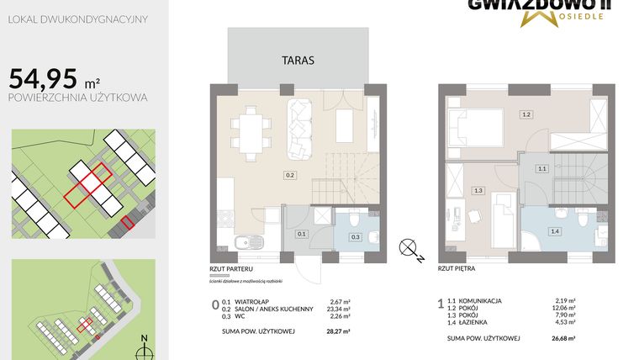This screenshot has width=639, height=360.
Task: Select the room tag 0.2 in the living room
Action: pyautogui.click(x=289, y=177)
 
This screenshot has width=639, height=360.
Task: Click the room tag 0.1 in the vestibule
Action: pyautogui.click(x=302, y=234)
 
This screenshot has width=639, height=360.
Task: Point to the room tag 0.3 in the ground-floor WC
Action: pyautogui.click(x=354, y=237)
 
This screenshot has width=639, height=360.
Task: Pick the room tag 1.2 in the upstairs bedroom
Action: pyautogui.click(x=526, y=114)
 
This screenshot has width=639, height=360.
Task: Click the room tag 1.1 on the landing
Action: pyautogui.click(x=542, y=169)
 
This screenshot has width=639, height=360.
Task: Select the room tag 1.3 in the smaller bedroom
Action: pyautogui.click(x=478, y=191)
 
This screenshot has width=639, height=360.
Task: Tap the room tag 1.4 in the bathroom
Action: pyautogui.click(x=554, y=230)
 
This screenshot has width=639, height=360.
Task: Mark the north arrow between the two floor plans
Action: pyautogui.click(x=409, y=247)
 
